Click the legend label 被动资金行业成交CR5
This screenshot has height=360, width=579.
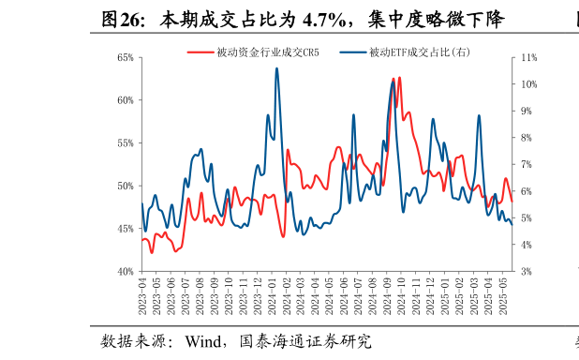[267, 52]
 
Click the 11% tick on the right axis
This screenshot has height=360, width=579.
[526, 58]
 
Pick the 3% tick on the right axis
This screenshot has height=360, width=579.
[524, 272]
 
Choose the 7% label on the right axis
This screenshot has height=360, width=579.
[524, 165]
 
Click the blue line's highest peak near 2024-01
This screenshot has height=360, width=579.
[276, 68]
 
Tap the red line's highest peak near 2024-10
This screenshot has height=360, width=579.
[400, 78]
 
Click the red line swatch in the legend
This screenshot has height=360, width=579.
[200, 52]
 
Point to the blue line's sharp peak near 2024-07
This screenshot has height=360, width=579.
[354, 114]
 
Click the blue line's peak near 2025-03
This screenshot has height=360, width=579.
[479, 115]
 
